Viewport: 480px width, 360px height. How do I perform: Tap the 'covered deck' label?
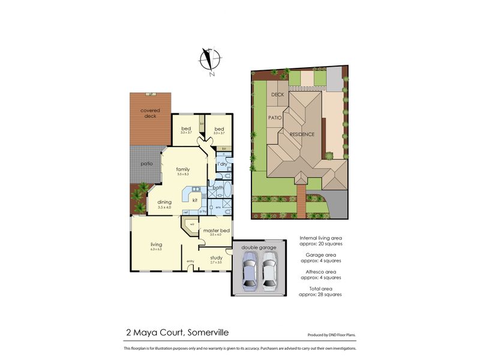[x=149, y=113]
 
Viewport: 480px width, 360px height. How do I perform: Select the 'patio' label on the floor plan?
[x=146, y=163]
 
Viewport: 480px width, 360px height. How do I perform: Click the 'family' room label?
[x=182, y=169]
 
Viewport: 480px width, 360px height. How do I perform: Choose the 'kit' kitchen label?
[x=195, y=200]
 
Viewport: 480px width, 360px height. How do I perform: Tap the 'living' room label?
[x=156, y=244]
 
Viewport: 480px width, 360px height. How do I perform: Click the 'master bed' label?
[x=215, y=230]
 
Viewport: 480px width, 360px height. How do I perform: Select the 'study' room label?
[x=216, y=258]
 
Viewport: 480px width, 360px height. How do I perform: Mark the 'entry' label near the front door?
[x=190, y=261]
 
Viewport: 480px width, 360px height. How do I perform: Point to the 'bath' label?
[x=218, y=188]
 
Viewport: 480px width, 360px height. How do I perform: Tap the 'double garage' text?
[x=259, y=247]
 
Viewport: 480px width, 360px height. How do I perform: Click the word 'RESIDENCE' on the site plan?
[x=302, y=134]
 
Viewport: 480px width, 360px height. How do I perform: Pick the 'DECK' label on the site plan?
[x=277, y=95]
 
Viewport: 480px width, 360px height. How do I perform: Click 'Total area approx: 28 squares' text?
[x=321, y=292]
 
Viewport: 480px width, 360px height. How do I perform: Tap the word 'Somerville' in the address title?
[x=208, y=332]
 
